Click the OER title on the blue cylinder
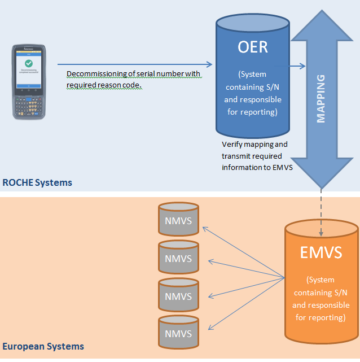[x=253, y=46]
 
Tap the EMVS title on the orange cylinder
[x=321, y=252]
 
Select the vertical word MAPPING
[x=321, y=98]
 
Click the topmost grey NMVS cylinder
[x=178, y=220]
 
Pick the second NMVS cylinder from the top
[x=178, y=259]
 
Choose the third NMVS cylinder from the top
[x=178, y=296]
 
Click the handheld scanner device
[x=28, y=83]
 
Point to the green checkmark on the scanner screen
[x=28, y=64]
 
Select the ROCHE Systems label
[x=37, y=182]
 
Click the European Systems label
[x=43, y=346]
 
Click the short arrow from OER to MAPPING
[x=297, y=66]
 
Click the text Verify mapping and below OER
[x=254, y=145]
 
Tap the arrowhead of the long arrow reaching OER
[x=208, y=64]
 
